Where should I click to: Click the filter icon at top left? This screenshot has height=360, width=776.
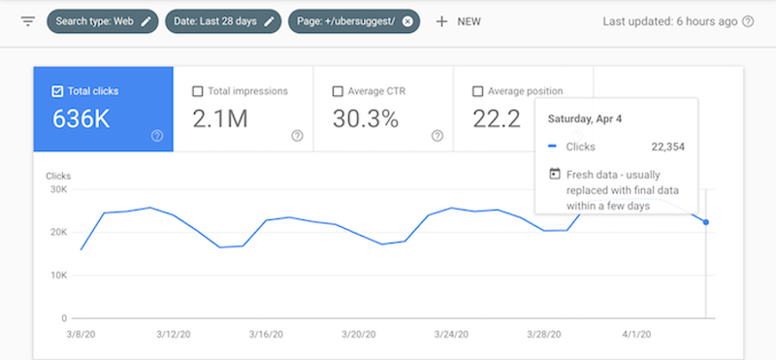coord(27,20)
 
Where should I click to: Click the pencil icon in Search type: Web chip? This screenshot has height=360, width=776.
coord(145,20)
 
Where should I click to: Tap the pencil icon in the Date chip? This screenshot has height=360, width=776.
coord(270,20)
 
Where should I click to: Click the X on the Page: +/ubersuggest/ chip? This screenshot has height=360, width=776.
coord(407,20)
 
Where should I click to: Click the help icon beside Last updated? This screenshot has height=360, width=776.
coord(748,20)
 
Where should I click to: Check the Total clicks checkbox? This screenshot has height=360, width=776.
coord(57,91)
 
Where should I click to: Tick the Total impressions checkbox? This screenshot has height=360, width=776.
coord(198,91)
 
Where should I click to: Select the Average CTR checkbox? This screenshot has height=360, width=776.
coord(338,91)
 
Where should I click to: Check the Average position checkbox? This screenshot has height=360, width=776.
coord(477,91)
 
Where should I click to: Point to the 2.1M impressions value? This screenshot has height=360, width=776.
coord(220,120)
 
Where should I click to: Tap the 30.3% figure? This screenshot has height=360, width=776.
coord(366,120)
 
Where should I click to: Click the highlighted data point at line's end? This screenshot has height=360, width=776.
coord(706,222)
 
